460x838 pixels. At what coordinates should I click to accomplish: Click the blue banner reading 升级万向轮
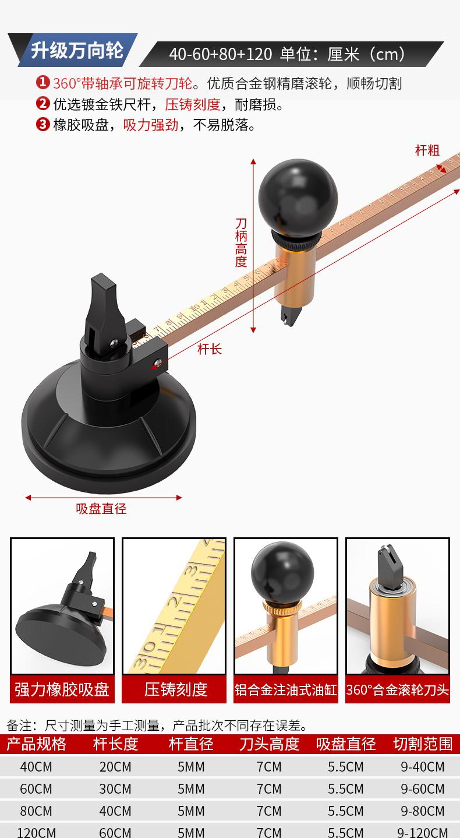[x=76, y=50]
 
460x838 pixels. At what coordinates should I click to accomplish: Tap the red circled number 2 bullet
[x=43, y=104]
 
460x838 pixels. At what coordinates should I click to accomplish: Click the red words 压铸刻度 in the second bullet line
[x=193, y=104]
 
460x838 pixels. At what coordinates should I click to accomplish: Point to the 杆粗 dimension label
[x=427, y=150]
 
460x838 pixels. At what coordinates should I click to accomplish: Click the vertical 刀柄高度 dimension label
[x=241, y=242]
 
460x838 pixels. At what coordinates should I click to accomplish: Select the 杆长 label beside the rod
[x=210, y=349]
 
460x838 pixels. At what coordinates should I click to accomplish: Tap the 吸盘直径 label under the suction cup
[x=101, y=509]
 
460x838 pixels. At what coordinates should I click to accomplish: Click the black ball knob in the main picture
[x=298, y=198]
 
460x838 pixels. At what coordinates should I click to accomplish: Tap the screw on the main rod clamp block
[x=158, y=362]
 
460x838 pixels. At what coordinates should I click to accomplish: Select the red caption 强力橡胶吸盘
[x=62, y=689]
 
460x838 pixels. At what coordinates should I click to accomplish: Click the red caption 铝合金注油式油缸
[x=286, y=689]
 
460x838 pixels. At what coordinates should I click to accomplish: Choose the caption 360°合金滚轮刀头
[x=397, y=689]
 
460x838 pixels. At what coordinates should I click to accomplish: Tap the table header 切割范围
[x=423, y=744]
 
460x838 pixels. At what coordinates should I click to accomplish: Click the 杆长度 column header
[x=115, y=744]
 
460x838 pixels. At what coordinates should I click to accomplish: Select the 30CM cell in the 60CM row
[x=115, y=789]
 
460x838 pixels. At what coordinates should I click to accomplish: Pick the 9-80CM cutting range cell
[x=423, y=811]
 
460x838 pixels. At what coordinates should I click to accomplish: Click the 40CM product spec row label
[x=36, y=767]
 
